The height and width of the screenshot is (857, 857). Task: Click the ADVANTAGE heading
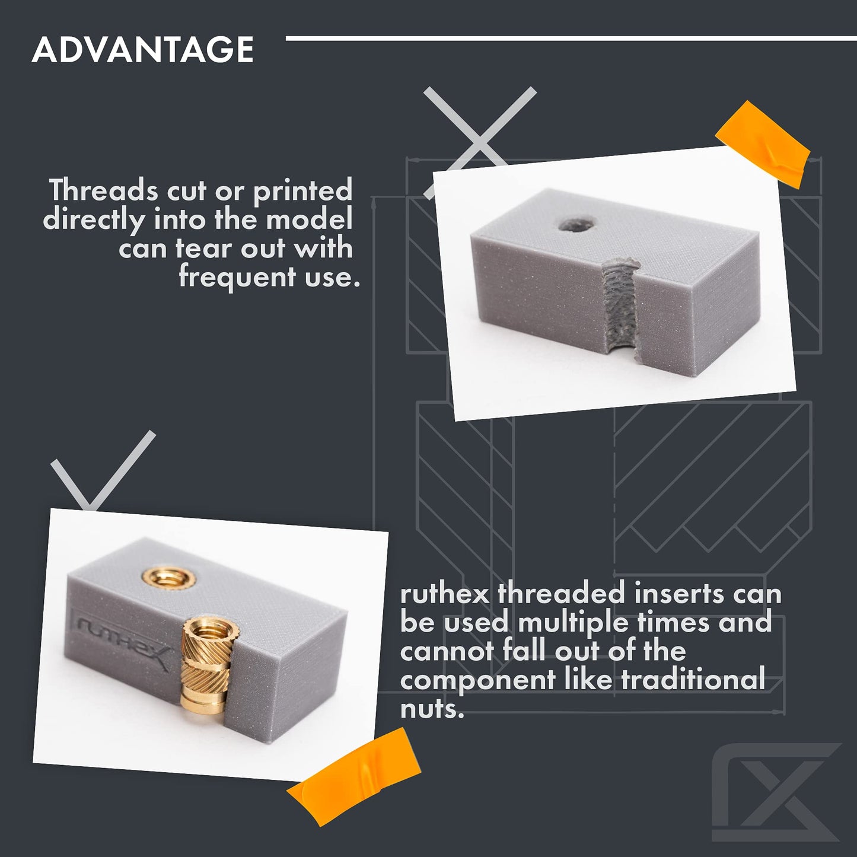143,49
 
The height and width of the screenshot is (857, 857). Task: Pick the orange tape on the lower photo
348,771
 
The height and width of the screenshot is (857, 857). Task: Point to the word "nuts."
432,708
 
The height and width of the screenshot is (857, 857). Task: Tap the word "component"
478,680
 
